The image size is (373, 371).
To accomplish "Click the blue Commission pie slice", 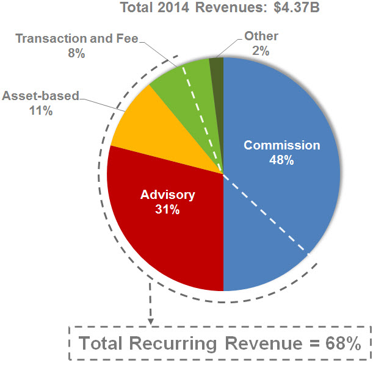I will [x=281, y=201].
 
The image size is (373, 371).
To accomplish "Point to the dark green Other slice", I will [x=217, y=67].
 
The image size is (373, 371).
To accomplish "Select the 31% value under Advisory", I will [x=167, y=209].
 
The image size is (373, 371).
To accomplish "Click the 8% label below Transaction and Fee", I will [x=76, y=53].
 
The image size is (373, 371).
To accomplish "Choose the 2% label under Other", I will [x=261, y=51].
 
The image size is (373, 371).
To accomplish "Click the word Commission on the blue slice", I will [x=281, y=145].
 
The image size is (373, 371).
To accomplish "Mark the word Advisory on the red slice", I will [x=167, y=195].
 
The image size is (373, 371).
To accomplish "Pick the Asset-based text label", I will [x=41, y=96].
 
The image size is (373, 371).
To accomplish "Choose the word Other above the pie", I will [x=261, y=37].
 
